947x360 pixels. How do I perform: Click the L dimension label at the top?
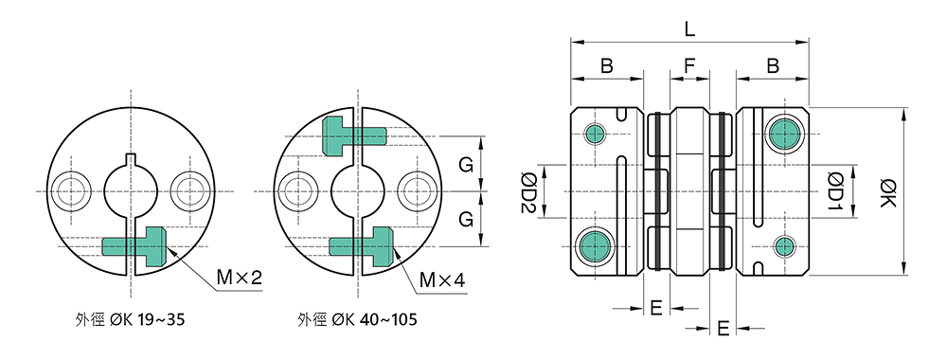(689, 28)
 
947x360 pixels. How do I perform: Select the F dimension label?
(689, 67)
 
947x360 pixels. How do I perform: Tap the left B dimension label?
(606, 67)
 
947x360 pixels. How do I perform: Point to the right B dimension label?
(773, 67)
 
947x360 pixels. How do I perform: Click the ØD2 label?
(530, 193)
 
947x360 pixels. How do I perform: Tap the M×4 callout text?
(442, 280)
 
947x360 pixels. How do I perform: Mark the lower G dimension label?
(466, 220)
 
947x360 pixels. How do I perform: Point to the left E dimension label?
(655, 307)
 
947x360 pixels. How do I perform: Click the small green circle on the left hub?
(595, 134)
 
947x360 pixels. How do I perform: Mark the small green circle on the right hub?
(784, 246)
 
